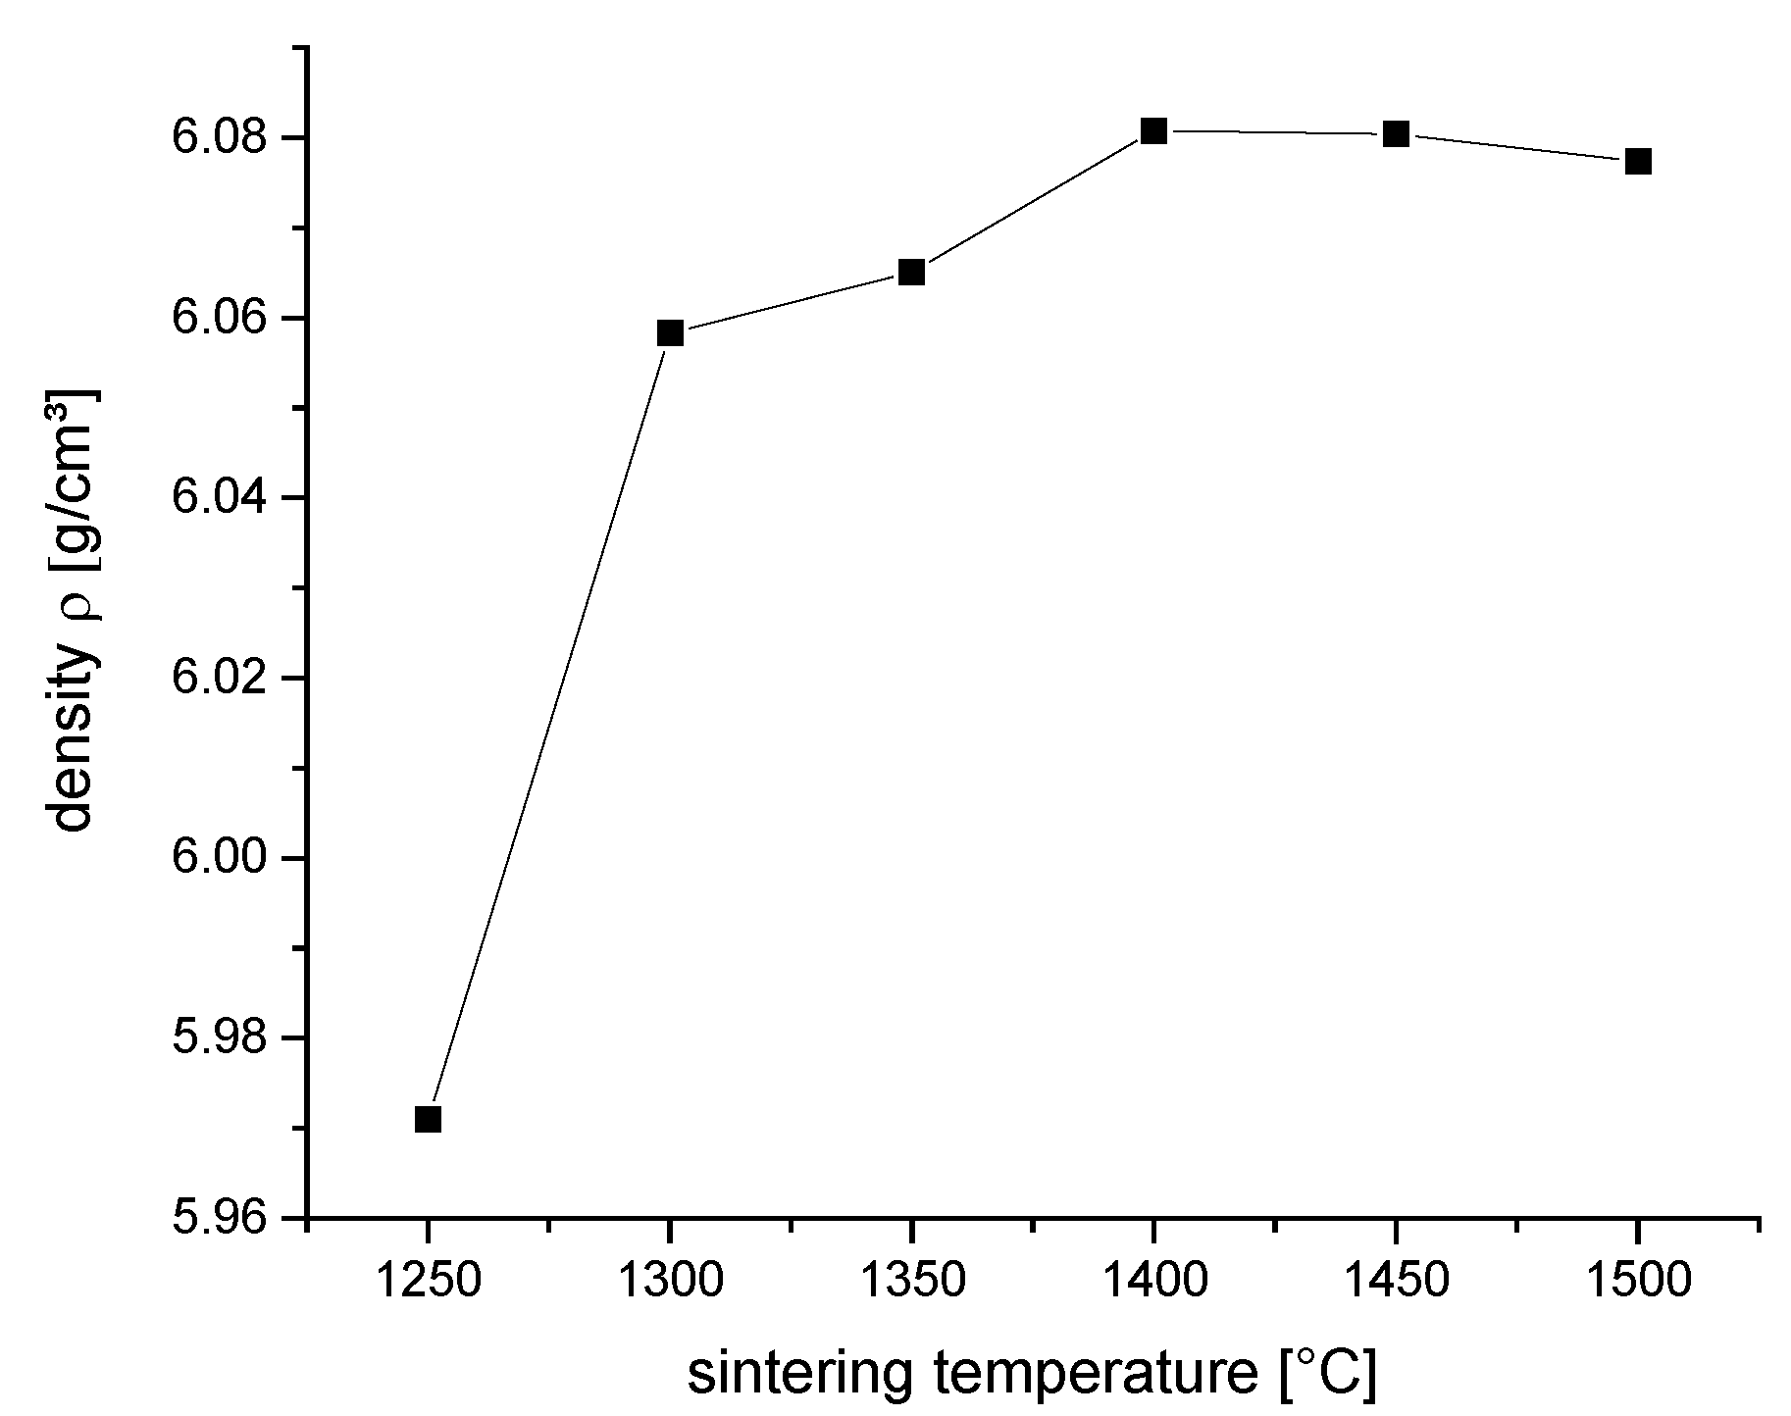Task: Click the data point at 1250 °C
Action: click(428, 1119)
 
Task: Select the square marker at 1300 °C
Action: click(670, 332)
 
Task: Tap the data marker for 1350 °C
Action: click(912, 272)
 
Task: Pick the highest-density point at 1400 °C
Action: click(1153, 130)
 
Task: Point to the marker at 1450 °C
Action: click(1396, 133)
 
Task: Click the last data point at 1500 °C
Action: click(1638, 161)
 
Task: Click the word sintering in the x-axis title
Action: click(804, 1375)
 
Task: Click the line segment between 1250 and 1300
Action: click(549, 726)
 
